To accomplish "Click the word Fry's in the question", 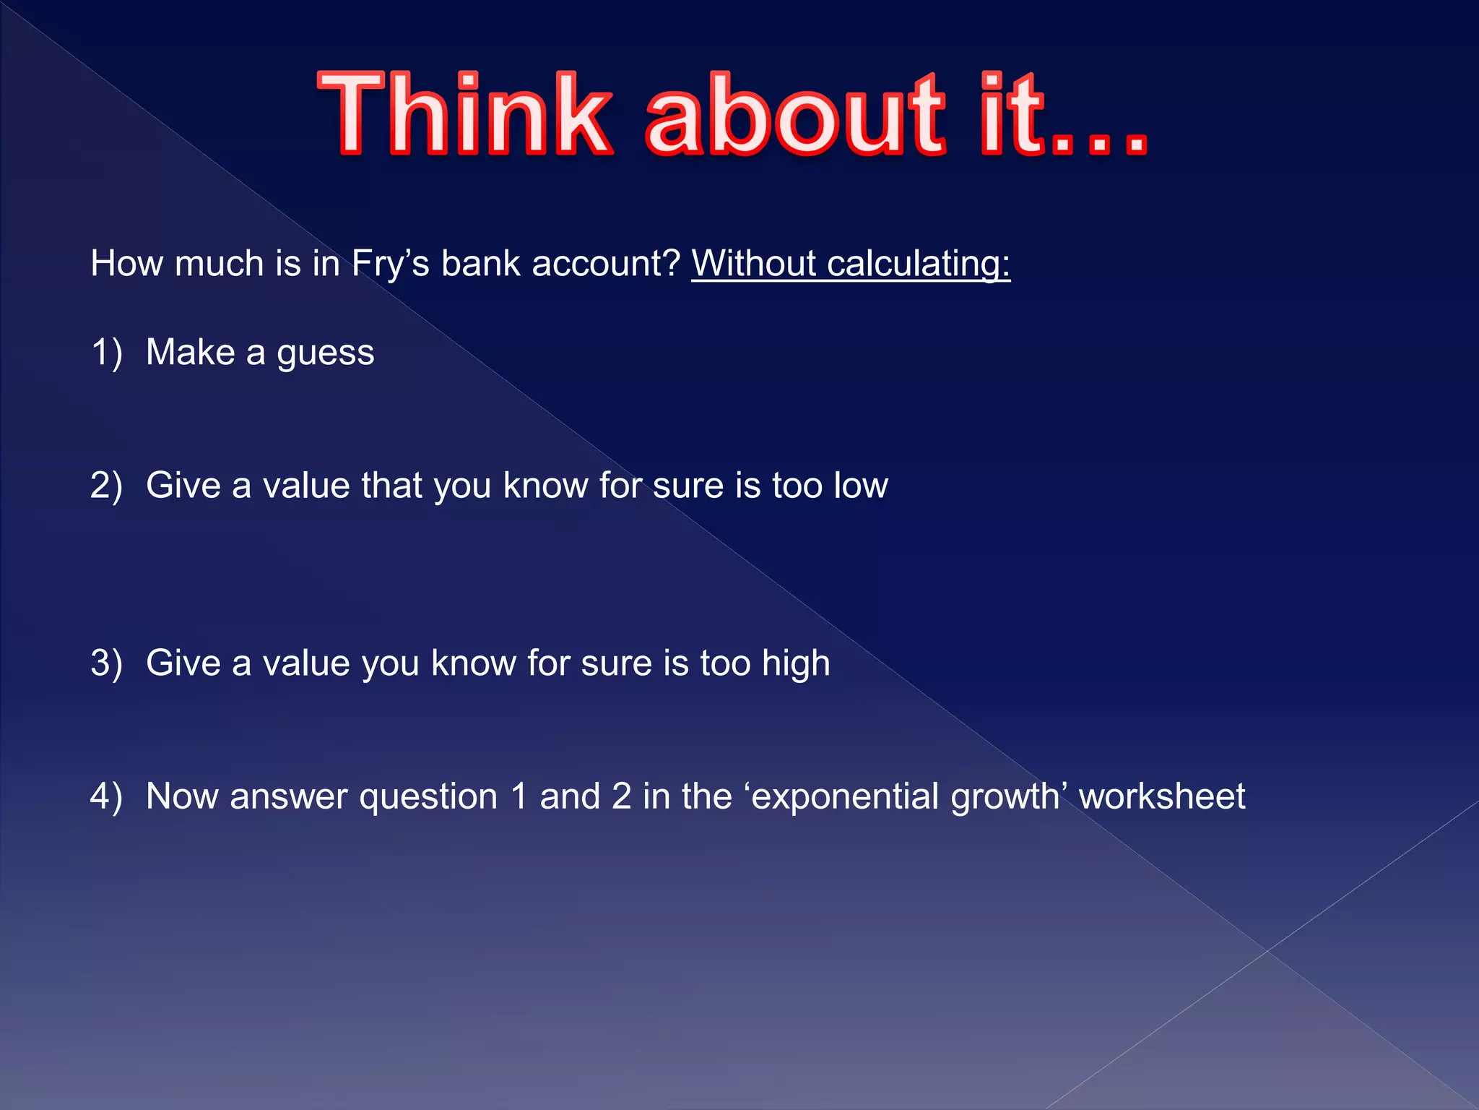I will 390,264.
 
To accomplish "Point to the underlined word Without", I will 754,264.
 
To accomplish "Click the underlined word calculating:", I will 919,264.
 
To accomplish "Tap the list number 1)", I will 106,353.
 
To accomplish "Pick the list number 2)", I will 106,486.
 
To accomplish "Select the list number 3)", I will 106,663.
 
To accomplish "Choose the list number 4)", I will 106,796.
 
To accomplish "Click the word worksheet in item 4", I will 1162,796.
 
